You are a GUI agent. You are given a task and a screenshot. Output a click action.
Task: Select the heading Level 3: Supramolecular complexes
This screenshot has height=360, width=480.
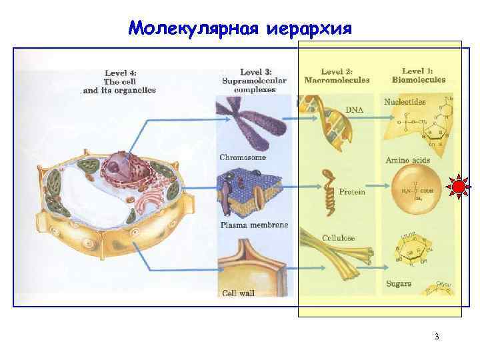coord(253,81)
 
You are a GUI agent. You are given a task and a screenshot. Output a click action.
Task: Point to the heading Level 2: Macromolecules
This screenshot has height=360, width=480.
coord(337,75)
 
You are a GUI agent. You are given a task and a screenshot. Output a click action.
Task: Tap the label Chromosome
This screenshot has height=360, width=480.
coord(243,157)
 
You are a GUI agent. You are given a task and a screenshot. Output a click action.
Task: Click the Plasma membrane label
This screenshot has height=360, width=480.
coord(254,225)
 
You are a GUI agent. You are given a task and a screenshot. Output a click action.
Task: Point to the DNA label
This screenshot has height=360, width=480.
coord(355,109)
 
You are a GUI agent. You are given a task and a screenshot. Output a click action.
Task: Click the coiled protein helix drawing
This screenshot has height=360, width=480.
coord(329,193)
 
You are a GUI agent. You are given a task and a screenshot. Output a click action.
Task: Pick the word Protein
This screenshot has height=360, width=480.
coord(352,192)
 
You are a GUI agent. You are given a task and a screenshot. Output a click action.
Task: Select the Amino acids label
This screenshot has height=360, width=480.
coord(408,161)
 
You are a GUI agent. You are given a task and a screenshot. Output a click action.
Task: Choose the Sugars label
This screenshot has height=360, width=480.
coord(399,284)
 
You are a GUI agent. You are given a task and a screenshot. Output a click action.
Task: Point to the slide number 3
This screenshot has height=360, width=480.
coord(436,337)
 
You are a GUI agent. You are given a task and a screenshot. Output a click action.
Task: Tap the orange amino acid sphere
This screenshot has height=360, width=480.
coord(415,190)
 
